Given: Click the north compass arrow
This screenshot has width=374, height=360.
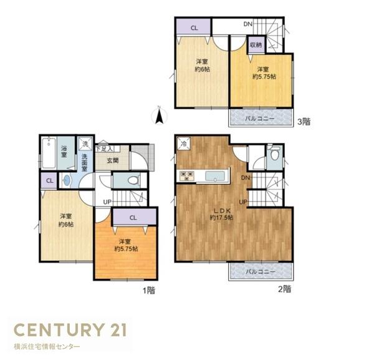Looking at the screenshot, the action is pyautogui.click(x=160, y=116).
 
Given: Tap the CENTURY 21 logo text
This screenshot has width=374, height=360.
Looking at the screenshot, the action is pyautogui.click(x=70, y=329).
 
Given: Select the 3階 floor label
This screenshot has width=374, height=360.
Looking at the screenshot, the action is pyautogui.click(x=304, y=122).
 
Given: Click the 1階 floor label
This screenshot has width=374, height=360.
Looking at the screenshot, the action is pyautogui.click(x=148, y=290).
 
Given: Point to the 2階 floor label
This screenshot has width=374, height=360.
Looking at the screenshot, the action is pyautogui.click(x=285, y=289).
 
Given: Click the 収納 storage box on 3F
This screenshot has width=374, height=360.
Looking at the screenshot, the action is pyautogui.click(x=256, y=45).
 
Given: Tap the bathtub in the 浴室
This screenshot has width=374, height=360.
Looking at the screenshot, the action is pyautogui.click(x=49, y=153).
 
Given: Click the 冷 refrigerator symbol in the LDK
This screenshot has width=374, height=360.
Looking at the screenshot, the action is pyautogui.click(x=183, y=144).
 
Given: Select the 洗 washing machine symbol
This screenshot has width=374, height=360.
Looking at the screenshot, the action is pyautogui.click(x=85, y=144).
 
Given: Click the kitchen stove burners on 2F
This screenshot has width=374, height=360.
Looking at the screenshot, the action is pyautogui.click(x=187, y=176).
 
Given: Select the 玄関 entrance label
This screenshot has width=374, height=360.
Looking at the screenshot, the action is pyautogui.click(x=113, y=160).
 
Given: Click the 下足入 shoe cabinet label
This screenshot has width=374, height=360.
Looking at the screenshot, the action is pyautogui.click(x=104, y=149).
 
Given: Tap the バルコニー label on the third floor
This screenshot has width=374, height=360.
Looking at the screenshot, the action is pyautogui.click(x=260, y=119).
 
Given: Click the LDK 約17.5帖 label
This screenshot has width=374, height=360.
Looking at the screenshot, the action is pyautogui.click(x=221, y=214).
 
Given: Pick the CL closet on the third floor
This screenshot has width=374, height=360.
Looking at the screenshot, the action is pyautogui.click(x=194, y=27).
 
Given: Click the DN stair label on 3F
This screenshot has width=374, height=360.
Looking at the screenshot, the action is pyautogui.click(x=248, y=24).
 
